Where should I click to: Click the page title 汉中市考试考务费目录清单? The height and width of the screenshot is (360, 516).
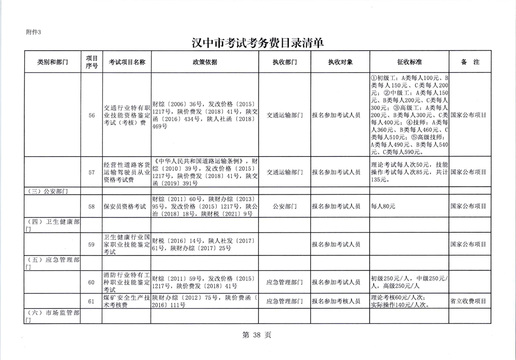point(258,43)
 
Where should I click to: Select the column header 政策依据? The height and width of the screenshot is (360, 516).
point(205,63)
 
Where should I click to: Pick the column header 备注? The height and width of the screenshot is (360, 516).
point(470,63)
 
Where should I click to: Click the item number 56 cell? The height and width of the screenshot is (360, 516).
point(92,115)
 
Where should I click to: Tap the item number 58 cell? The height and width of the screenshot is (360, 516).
point(92,207)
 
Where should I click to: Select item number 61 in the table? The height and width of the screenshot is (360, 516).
point(92,301)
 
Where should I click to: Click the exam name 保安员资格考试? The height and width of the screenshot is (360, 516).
point(125,207)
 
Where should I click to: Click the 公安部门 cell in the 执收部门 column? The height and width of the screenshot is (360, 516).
point(284,207)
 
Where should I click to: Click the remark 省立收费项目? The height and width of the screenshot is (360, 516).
point(468,301)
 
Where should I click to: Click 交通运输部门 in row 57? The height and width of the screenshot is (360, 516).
point(284,172)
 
